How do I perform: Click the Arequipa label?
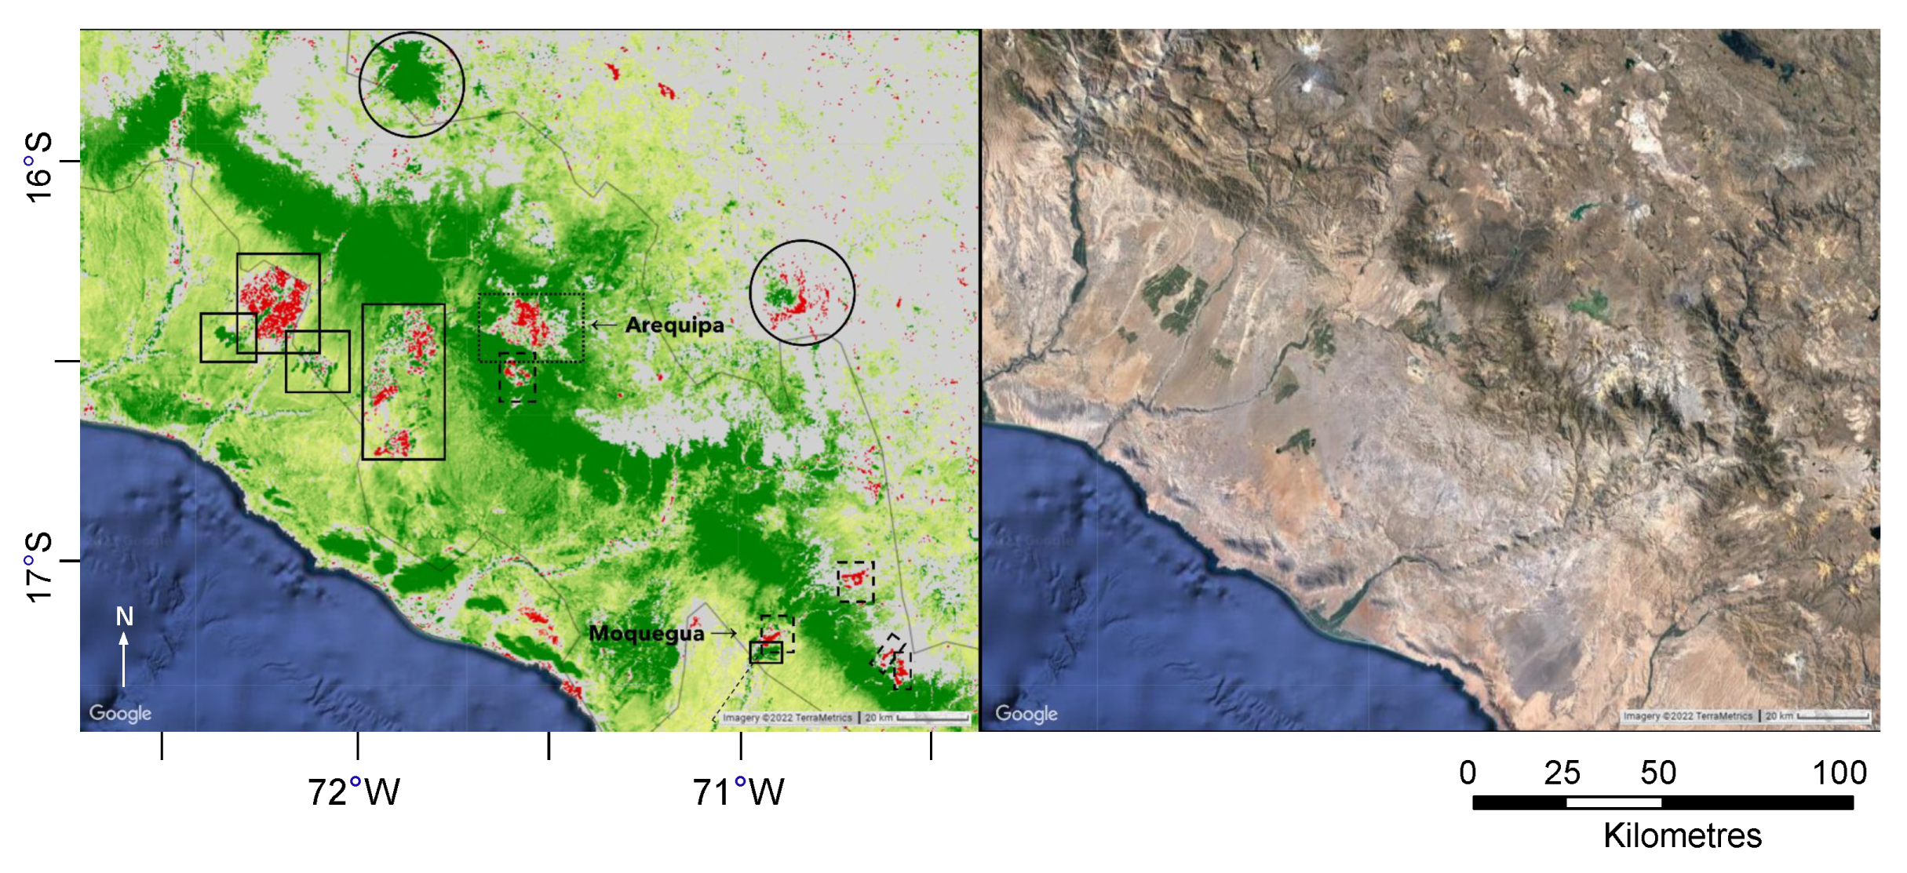674,325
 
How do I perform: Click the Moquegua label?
646,633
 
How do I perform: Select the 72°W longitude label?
353,792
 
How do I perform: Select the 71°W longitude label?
738,792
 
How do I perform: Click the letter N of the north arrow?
124,617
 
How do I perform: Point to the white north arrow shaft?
123,663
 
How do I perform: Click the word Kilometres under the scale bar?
1682,836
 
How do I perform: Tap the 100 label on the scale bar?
1839,773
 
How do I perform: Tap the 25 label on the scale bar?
1562,773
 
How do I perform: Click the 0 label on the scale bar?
1468,773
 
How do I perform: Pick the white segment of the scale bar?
1613,802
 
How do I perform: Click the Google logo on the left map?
120,713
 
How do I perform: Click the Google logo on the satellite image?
1026,714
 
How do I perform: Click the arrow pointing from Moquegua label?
723,632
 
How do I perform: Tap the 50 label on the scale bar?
1657,773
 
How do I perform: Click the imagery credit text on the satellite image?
1687,716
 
